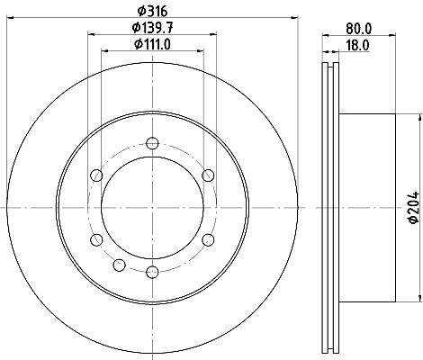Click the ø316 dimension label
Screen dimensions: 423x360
coord(152,12)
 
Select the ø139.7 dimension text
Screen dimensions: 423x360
coord(152,28)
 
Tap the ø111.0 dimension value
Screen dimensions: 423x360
coord(152,44)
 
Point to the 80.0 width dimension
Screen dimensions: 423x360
coord(359,29)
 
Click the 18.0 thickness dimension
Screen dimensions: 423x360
coord(357,46)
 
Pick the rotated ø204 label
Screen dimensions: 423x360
coord(414,207)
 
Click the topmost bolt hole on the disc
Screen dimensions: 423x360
coord(152,143)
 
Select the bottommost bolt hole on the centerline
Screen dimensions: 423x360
coord(152,272)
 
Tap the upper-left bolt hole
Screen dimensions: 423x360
coord(96,175)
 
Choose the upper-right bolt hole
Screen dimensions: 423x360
coord(208,175)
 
